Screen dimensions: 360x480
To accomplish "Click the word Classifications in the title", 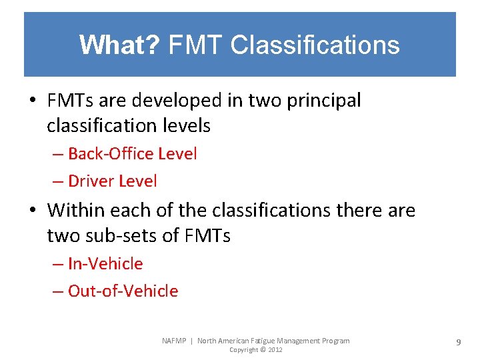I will click(315, 45).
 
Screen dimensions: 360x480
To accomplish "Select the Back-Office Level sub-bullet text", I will click(132, 154).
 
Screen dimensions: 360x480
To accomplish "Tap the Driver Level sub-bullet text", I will click(112, 181).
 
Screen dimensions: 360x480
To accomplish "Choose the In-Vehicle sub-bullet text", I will click(105, 264).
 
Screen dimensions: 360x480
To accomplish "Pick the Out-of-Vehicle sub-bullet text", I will click(123, 291).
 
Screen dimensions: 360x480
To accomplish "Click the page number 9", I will click(459, 342).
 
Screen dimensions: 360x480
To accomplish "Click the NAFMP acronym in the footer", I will click(175, 341).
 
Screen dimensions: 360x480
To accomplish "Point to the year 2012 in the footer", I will click(274, 350).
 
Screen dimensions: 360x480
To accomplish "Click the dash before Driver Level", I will click(58, 181).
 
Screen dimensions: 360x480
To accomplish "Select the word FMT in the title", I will click(196, 45).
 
